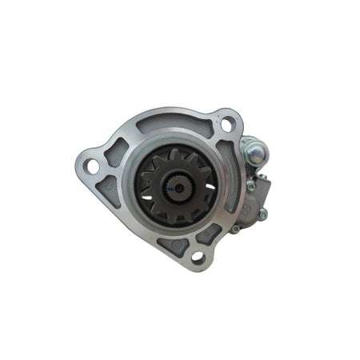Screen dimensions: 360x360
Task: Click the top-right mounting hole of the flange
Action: [226, 124]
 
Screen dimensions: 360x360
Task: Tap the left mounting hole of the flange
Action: [92, 166]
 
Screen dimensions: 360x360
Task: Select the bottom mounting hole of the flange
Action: [197, 256]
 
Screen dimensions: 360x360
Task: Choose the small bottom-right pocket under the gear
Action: [211, 233]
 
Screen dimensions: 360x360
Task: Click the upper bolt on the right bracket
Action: [251, 186]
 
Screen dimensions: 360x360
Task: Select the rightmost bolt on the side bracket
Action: [262, 214]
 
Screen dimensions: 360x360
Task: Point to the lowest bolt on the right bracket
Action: [235, 230]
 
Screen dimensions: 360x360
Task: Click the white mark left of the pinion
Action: [148, 190]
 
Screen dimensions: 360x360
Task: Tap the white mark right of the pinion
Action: [210, 186]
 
